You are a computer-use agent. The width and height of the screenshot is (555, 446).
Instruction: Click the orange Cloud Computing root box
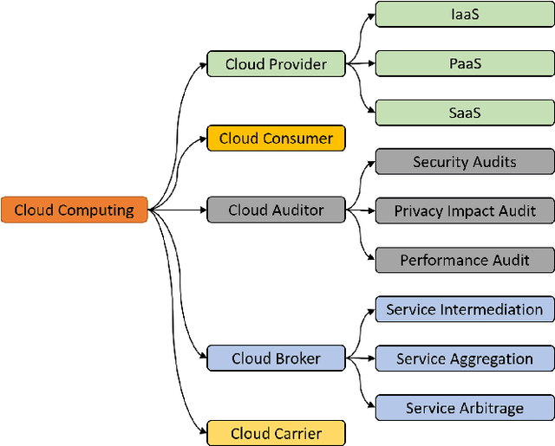coord(74,210)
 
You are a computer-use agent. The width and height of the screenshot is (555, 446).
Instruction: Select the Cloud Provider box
coord(276,64)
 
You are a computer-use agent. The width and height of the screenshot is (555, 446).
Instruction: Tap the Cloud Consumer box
coord(276,139)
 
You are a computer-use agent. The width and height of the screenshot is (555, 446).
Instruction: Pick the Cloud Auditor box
coord(276,210)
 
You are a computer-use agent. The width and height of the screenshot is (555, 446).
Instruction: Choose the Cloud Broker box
coord(276,359)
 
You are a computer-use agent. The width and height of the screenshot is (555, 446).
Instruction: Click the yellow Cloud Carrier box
coord(276,433)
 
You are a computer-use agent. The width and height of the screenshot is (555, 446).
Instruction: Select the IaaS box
coord(465,14)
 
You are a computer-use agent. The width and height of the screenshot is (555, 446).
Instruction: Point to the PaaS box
coord(465,64)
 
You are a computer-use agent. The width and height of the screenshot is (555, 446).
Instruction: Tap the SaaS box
coord(465,113)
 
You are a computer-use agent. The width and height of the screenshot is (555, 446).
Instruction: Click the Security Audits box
coord(465,161)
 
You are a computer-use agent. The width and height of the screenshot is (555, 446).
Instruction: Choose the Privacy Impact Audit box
coord(465,210)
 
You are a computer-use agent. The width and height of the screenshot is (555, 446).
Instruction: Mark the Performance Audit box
coord(465,260)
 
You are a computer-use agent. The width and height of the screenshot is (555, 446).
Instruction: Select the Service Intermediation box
coord(465,309)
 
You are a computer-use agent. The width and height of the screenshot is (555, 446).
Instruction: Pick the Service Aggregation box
coord(465,359)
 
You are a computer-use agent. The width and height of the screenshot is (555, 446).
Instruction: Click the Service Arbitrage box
coord(465,408)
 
